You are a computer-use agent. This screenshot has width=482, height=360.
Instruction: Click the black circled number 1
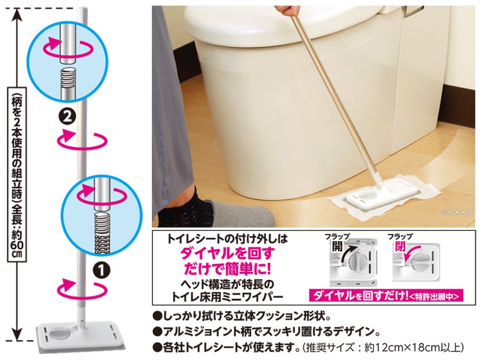point(102,270)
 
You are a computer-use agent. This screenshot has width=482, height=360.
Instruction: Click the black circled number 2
point(67,117)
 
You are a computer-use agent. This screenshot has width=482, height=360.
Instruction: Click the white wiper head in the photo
point(381,193)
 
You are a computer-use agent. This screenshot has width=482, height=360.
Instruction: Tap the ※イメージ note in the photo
point(457,212)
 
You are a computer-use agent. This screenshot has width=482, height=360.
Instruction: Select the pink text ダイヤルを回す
point(227,253)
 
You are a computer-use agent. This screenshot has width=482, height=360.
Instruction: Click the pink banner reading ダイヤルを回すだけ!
point(386,296)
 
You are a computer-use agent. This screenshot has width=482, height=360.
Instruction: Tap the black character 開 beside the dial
point(337,246)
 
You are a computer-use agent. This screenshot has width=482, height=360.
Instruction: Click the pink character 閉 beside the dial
point(400,246)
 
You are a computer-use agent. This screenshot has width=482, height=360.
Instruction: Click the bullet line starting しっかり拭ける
point(242,316)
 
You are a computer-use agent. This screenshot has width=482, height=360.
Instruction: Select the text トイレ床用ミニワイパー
point(227,297)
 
